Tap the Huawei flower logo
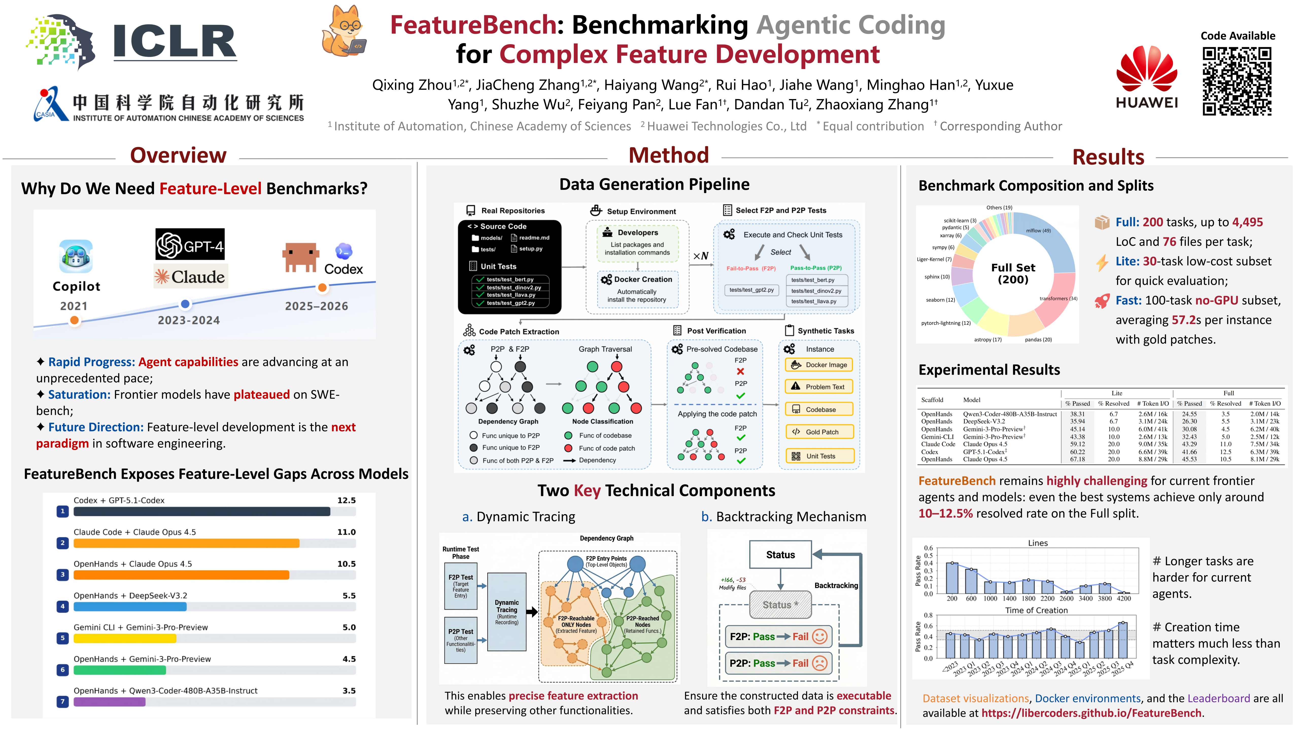[x=1147, y=71]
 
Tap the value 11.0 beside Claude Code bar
[x=346, y=532]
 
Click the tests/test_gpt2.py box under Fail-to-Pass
[x=751, y=290]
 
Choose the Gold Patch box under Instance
[x=819, y=432]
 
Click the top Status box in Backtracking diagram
[x=780, y=554]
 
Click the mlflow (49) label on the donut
[x=1038, y=230]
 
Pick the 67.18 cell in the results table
[x=1077, y=459]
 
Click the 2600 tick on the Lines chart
[x=1067, y=598]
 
